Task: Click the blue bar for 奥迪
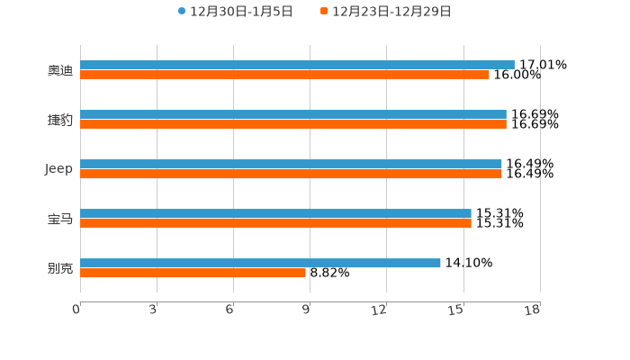[x=297, y=65]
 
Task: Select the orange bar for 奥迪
[x=284, y=75]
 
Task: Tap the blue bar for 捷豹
[x=293, y=115]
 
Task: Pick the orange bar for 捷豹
[x=293, y=124]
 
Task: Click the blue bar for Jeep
[x=291, y=165]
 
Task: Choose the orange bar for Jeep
[x=291, y=174]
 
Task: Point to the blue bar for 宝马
[x=275, y=214]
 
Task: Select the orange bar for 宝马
[x=275, y=223]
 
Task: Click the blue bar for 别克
[x=260, y=263]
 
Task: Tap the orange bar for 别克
[x=193, y=273]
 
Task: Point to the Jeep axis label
[x=59, y=169]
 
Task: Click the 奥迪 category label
[x=60, y=70]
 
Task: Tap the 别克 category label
[x=60, y=268]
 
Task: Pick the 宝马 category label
[x=60, y=219]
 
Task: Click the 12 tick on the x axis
[x=380, y=310]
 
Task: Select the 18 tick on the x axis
[x=533, y=310]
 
